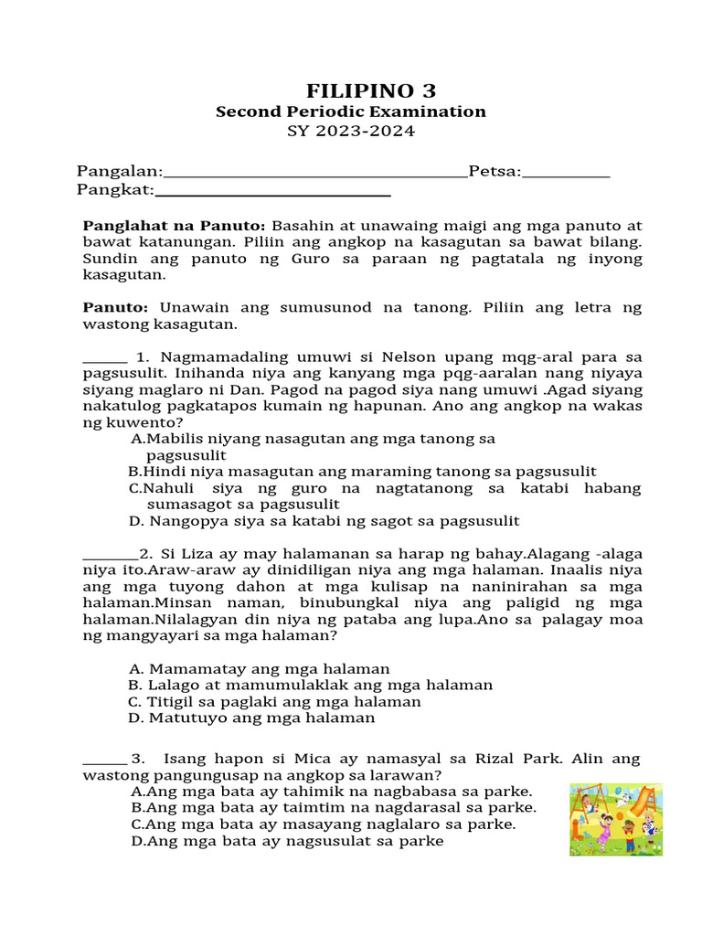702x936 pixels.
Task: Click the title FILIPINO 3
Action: [370, 90]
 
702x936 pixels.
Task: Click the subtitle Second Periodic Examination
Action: [351, 112]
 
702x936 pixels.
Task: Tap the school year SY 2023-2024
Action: [351, 132]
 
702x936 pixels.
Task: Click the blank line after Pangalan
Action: [314, 174]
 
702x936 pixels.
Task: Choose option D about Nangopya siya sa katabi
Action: [324, 521]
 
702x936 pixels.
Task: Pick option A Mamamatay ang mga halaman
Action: [260, 669]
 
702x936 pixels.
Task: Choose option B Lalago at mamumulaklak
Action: [311, 686]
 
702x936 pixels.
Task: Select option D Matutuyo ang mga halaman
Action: [252, 718]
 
